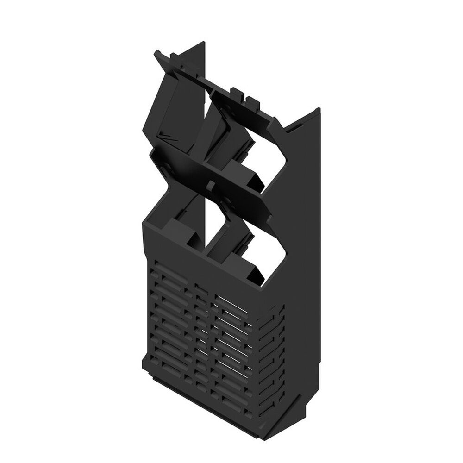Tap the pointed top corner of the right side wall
point(318,109)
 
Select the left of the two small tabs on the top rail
point(235,90)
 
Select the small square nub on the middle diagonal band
point(211,186)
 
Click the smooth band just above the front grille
point(204,259)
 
